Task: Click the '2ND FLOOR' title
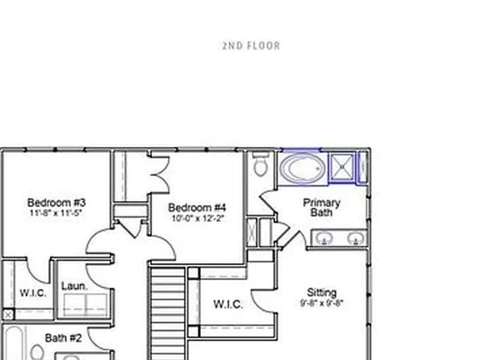[251, 46]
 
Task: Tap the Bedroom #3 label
[56, 203]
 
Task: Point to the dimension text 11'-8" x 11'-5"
[56, 214]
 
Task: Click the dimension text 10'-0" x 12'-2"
[198, 218]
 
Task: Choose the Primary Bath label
[321, 207]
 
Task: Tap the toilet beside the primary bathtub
[261, 167]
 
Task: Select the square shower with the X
[344, 167]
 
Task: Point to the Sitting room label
[322, 292]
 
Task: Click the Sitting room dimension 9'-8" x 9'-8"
[322, 303]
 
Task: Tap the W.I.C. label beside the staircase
[228, 304]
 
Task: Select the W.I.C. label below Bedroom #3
[32, 292]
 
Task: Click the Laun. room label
[74, 286]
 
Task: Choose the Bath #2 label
[63, 338]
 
